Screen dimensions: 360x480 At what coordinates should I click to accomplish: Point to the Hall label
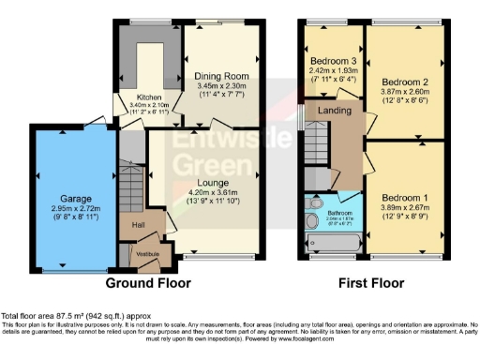pos(138,225)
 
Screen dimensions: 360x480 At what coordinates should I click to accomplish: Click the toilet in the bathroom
pos(316,202)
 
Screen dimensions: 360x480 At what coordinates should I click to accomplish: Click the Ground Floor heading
pos(147,282)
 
